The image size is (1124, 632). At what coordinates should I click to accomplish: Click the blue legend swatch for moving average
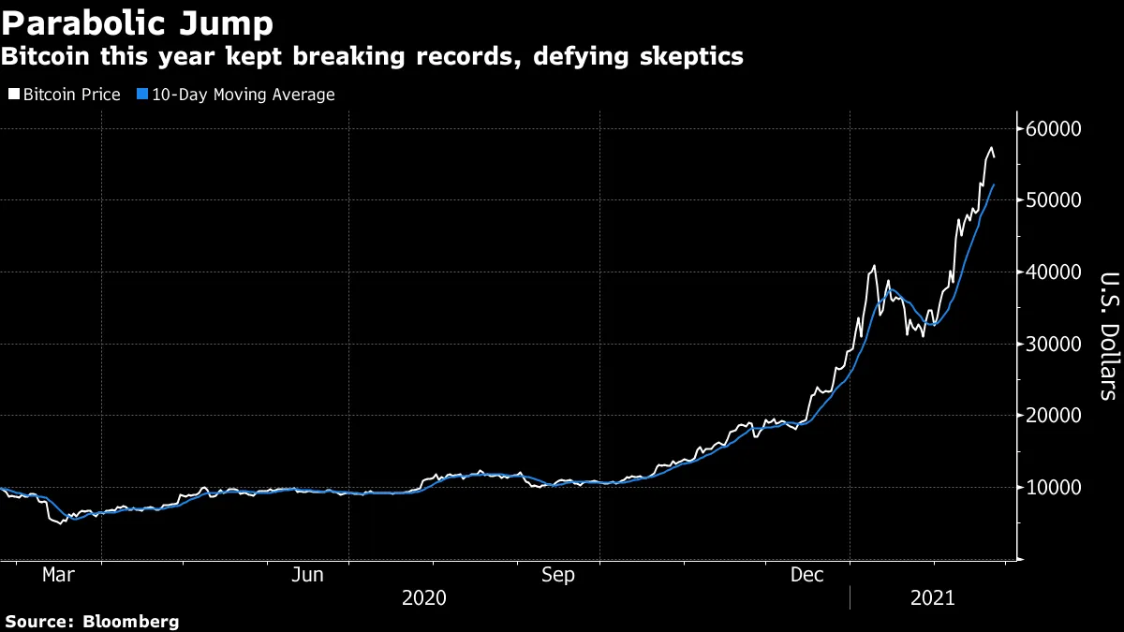[141, 95]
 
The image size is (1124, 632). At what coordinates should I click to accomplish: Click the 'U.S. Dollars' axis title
[1107, 335]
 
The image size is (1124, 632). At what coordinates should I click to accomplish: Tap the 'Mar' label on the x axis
[58, 575]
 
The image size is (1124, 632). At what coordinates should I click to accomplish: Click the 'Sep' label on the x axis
[558, 575]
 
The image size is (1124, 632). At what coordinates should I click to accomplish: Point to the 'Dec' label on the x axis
[807, 575]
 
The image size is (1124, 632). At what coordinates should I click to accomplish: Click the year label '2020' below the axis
[424, 597]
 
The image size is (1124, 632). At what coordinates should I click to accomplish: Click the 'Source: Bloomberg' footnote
[92, 621]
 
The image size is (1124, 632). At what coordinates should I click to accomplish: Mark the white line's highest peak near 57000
[991, 148]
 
